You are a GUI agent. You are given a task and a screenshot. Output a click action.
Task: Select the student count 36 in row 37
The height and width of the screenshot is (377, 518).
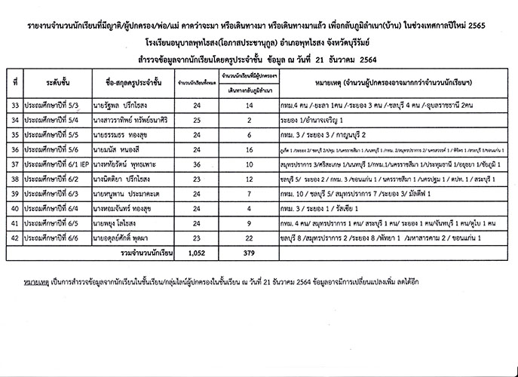(196, 164)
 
